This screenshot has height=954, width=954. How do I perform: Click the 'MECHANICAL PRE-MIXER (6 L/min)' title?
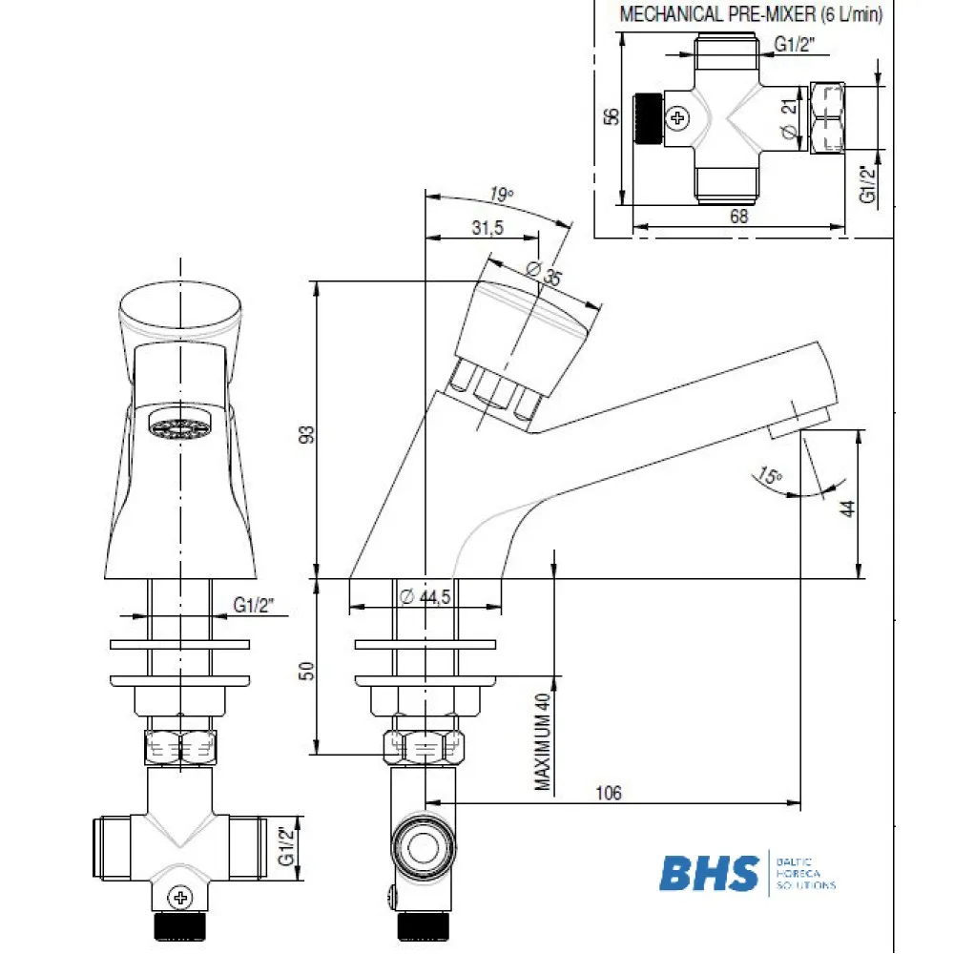pos(751,14)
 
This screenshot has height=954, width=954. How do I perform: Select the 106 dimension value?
pos(607,793)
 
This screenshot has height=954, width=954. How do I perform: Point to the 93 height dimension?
pos(306,434)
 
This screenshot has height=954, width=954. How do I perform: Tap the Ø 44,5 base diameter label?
pos(425,596)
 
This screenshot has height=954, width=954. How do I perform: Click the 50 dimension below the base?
pos(306,671)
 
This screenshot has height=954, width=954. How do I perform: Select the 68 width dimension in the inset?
pos(738,217)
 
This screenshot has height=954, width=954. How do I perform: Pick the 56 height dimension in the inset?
pos(612,115)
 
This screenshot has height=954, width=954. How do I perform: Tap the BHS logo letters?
pos(710,872)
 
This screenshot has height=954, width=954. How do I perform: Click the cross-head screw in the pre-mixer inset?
pos(678,118)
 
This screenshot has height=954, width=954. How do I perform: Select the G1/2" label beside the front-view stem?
pos(254,604)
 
